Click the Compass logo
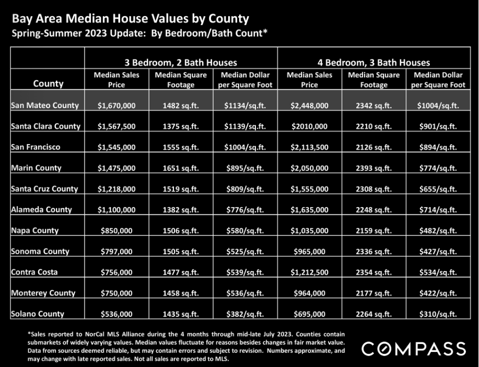point(414,349)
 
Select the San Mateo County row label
point(45,105)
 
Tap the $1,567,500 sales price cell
point(116,126)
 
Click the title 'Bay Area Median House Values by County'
point(131,19)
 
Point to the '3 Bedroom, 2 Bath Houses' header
point(181,63)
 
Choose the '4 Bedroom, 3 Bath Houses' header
point(373,63)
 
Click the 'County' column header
point(48,84)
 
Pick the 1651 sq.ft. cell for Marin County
point(181,168)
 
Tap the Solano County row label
point(38,314)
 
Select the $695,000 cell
point(309,314)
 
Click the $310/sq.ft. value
point(438,314)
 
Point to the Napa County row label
point(35,231)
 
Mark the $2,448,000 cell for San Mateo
point(309,105)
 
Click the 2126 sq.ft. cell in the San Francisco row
point(373,147)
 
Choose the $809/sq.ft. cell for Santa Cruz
point(245,189)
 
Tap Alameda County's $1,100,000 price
point(116,210)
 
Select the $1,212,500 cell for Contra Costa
point(309,272)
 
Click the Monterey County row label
point(43,293)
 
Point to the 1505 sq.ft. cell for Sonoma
point(181,251)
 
